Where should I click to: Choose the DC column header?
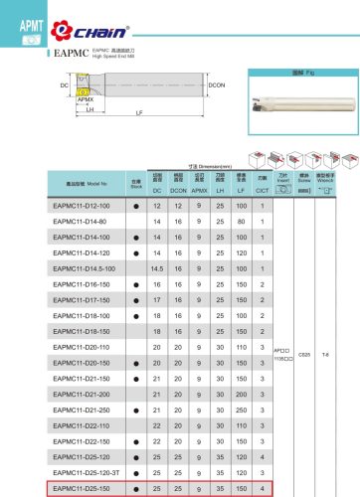click(x=157, y=189)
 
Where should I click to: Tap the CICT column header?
click(x=262, y=189)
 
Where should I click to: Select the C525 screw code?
click(x=304, y=380)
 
